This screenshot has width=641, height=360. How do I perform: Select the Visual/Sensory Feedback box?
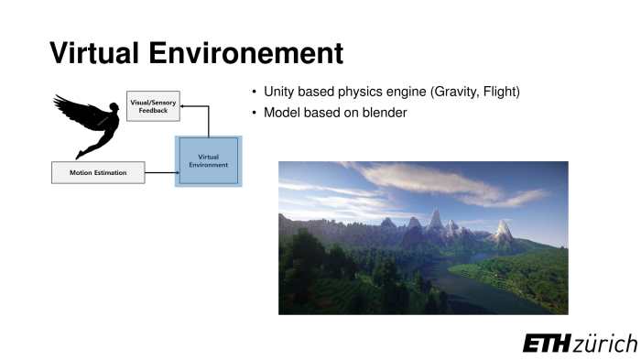[153, 105]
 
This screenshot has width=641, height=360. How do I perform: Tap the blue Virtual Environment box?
[208, 160]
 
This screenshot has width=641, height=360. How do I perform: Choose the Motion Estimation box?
[98, 172]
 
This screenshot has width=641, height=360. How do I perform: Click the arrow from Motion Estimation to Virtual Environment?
[160, 172]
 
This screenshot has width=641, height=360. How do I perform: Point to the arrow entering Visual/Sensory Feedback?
[194, 106]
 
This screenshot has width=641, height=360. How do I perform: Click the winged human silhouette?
[89, 124]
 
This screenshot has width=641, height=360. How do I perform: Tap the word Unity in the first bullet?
[282, 93]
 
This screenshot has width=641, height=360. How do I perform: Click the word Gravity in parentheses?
[451, 93]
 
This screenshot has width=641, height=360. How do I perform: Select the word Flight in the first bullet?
[501, 93]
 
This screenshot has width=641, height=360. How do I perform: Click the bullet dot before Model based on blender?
[254, 113]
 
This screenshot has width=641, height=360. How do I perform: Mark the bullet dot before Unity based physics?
[254, 93]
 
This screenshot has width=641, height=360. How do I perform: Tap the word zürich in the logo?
[605, 344]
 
